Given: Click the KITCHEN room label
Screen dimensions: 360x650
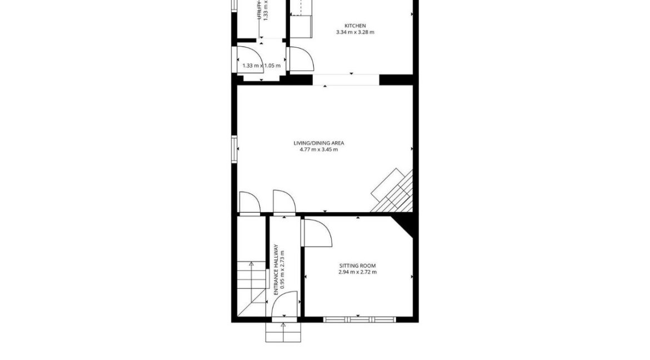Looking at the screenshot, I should coord(355,26).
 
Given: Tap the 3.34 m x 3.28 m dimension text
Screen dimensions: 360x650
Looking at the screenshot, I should coord(355,32).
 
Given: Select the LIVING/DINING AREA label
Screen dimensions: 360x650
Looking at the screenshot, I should coord(319,143).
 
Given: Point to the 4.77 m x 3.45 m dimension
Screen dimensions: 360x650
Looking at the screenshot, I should coord(319,149).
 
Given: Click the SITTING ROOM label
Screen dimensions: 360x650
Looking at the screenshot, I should coord(357,266).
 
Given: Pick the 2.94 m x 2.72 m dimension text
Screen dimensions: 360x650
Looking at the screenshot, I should coord(357,272).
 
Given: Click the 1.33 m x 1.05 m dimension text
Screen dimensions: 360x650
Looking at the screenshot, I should coord(261,66).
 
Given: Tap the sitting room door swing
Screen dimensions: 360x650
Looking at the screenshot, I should coord(316,232).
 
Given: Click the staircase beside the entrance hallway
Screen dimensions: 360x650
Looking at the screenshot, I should coord(251,283).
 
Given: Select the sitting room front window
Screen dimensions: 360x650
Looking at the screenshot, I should coord(359,319).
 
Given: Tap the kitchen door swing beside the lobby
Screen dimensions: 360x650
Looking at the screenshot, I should coord(300,59).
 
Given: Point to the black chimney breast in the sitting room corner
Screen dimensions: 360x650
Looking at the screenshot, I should coord(404,224).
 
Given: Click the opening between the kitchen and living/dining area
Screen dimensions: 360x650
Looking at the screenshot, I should coord(346,79).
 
